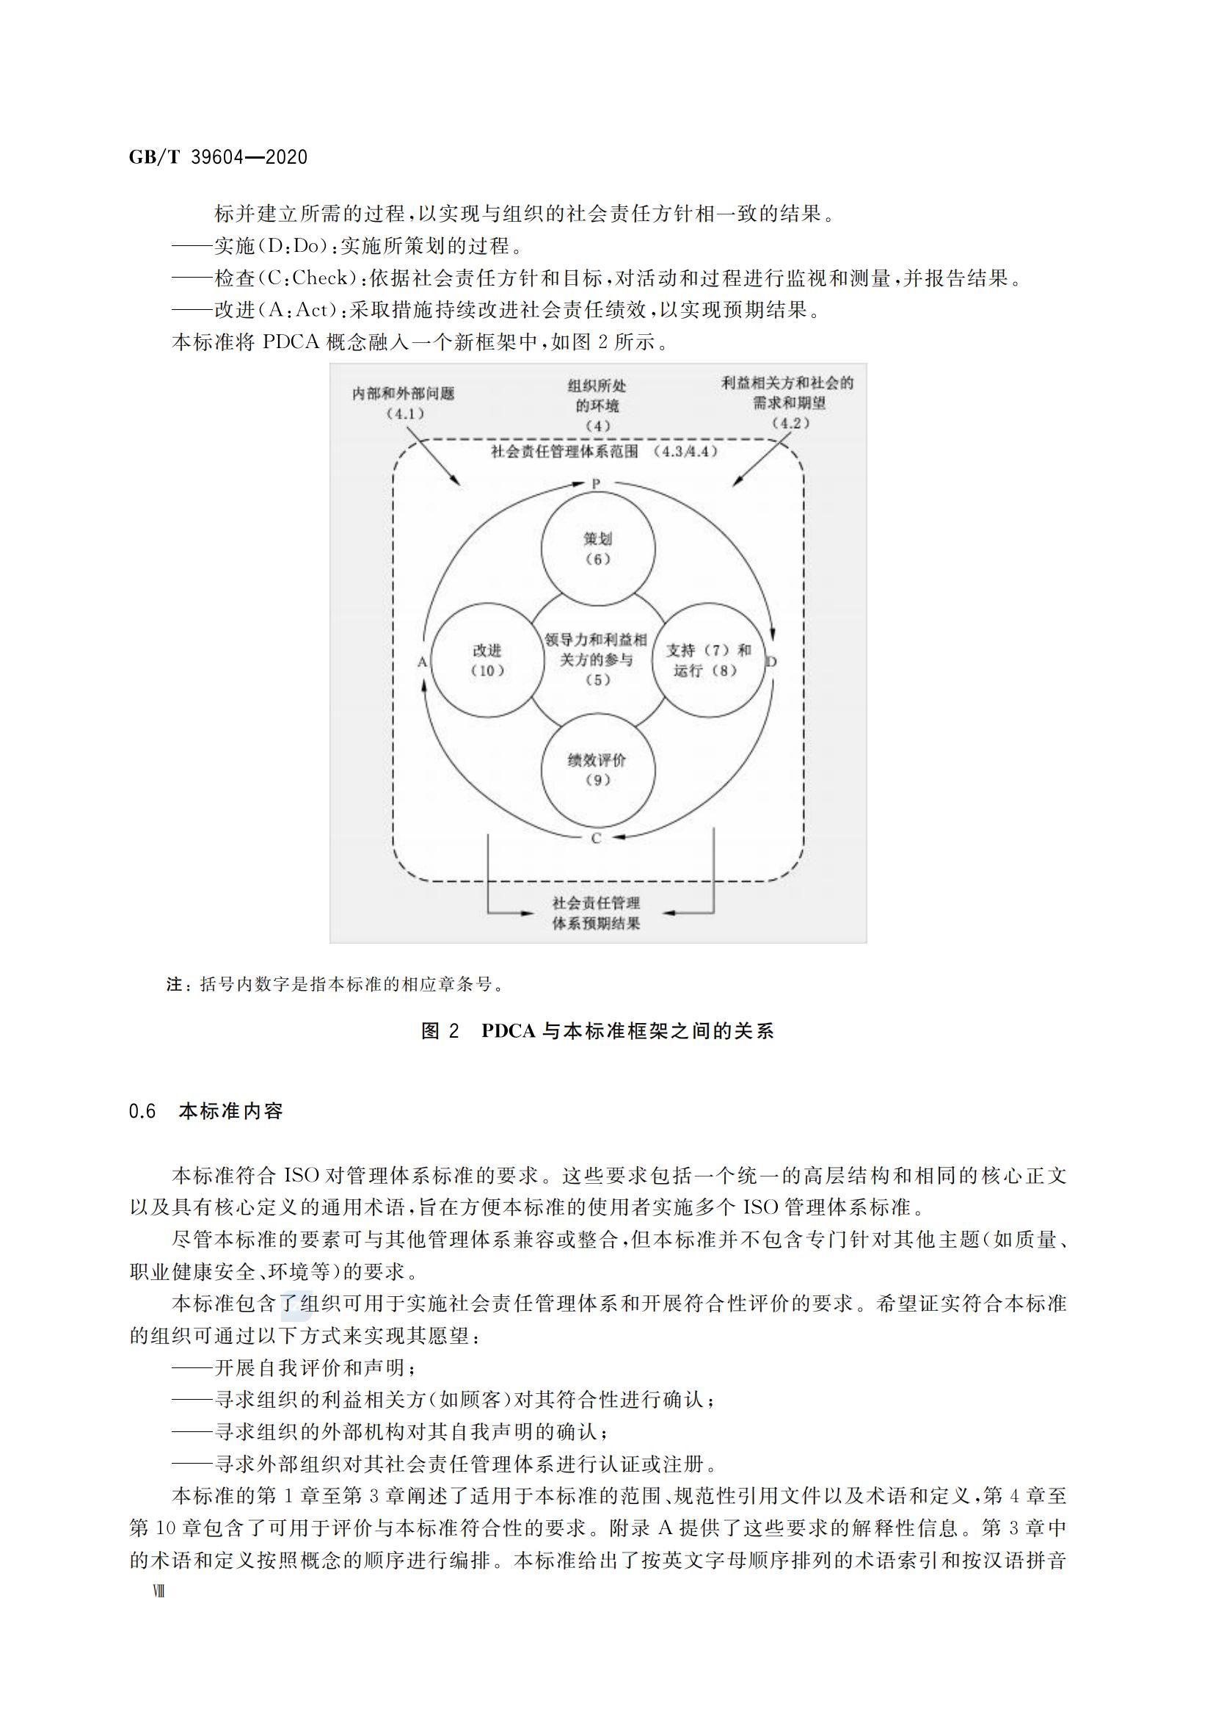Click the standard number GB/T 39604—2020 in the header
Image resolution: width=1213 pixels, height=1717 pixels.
[218, 158]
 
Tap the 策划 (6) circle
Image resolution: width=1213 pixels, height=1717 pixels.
[597, 549]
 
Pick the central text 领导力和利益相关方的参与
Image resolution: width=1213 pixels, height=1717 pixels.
[597, 649]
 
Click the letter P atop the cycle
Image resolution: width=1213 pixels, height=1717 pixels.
[596, 484]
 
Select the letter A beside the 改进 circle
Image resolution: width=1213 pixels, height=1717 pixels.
[421, 662]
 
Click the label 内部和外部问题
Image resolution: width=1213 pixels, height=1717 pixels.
[403, 394]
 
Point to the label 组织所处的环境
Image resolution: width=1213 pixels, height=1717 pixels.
[597, 396]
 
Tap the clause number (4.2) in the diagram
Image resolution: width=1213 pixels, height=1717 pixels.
[790, 423]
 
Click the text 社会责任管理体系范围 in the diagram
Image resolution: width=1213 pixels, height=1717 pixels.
[564, 452]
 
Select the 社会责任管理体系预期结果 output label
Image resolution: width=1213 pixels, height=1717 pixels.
[596, 913]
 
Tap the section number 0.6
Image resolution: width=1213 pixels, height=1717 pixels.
[142, 1111]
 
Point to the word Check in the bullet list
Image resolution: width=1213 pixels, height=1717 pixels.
[320, 278]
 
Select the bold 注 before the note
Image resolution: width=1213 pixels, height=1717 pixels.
[174, 985]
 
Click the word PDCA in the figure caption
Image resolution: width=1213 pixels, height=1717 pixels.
[509, 1031]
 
